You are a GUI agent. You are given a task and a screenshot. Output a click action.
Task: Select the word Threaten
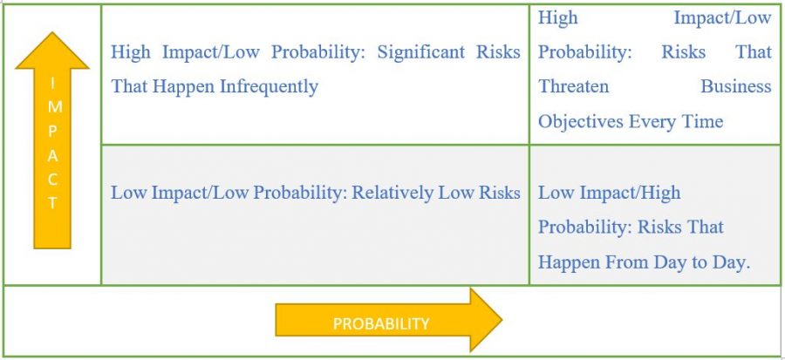click(x=574, y=87)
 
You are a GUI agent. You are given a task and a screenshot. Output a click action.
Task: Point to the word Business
click(x=736, y=87)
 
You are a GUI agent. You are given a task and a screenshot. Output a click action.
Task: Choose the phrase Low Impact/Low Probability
click(x=227, y=193)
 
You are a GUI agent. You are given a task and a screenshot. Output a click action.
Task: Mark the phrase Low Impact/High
click(x=609, y=193)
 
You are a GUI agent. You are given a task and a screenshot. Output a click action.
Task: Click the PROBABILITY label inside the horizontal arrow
click(x=381, y=323)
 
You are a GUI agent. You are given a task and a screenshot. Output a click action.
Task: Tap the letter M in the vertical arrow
click(x=52, y=103)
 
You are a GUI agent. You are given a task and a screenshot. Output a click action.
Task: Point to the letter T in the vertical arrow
click(x=52, y=203)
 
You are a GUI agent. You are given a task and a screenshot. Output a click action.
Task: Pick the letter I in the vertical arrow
click(x=52, y=83)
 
